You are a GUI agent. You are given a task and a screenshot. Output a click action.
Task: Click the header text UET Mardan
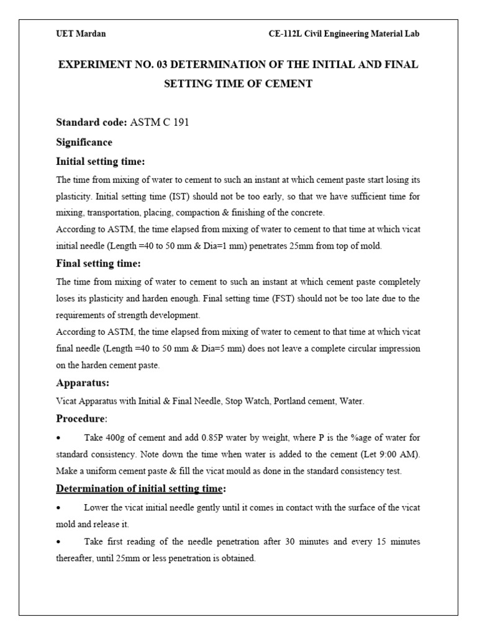[81, 34]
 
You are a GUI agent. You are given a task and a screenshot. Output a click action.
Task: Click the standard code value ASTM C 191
[160, 122]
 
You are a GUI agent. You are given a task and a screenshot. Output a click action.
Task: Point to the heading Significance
[84, 142]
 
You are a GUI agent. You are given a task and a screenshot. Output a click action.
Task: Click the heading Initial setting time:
[101, 161]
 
